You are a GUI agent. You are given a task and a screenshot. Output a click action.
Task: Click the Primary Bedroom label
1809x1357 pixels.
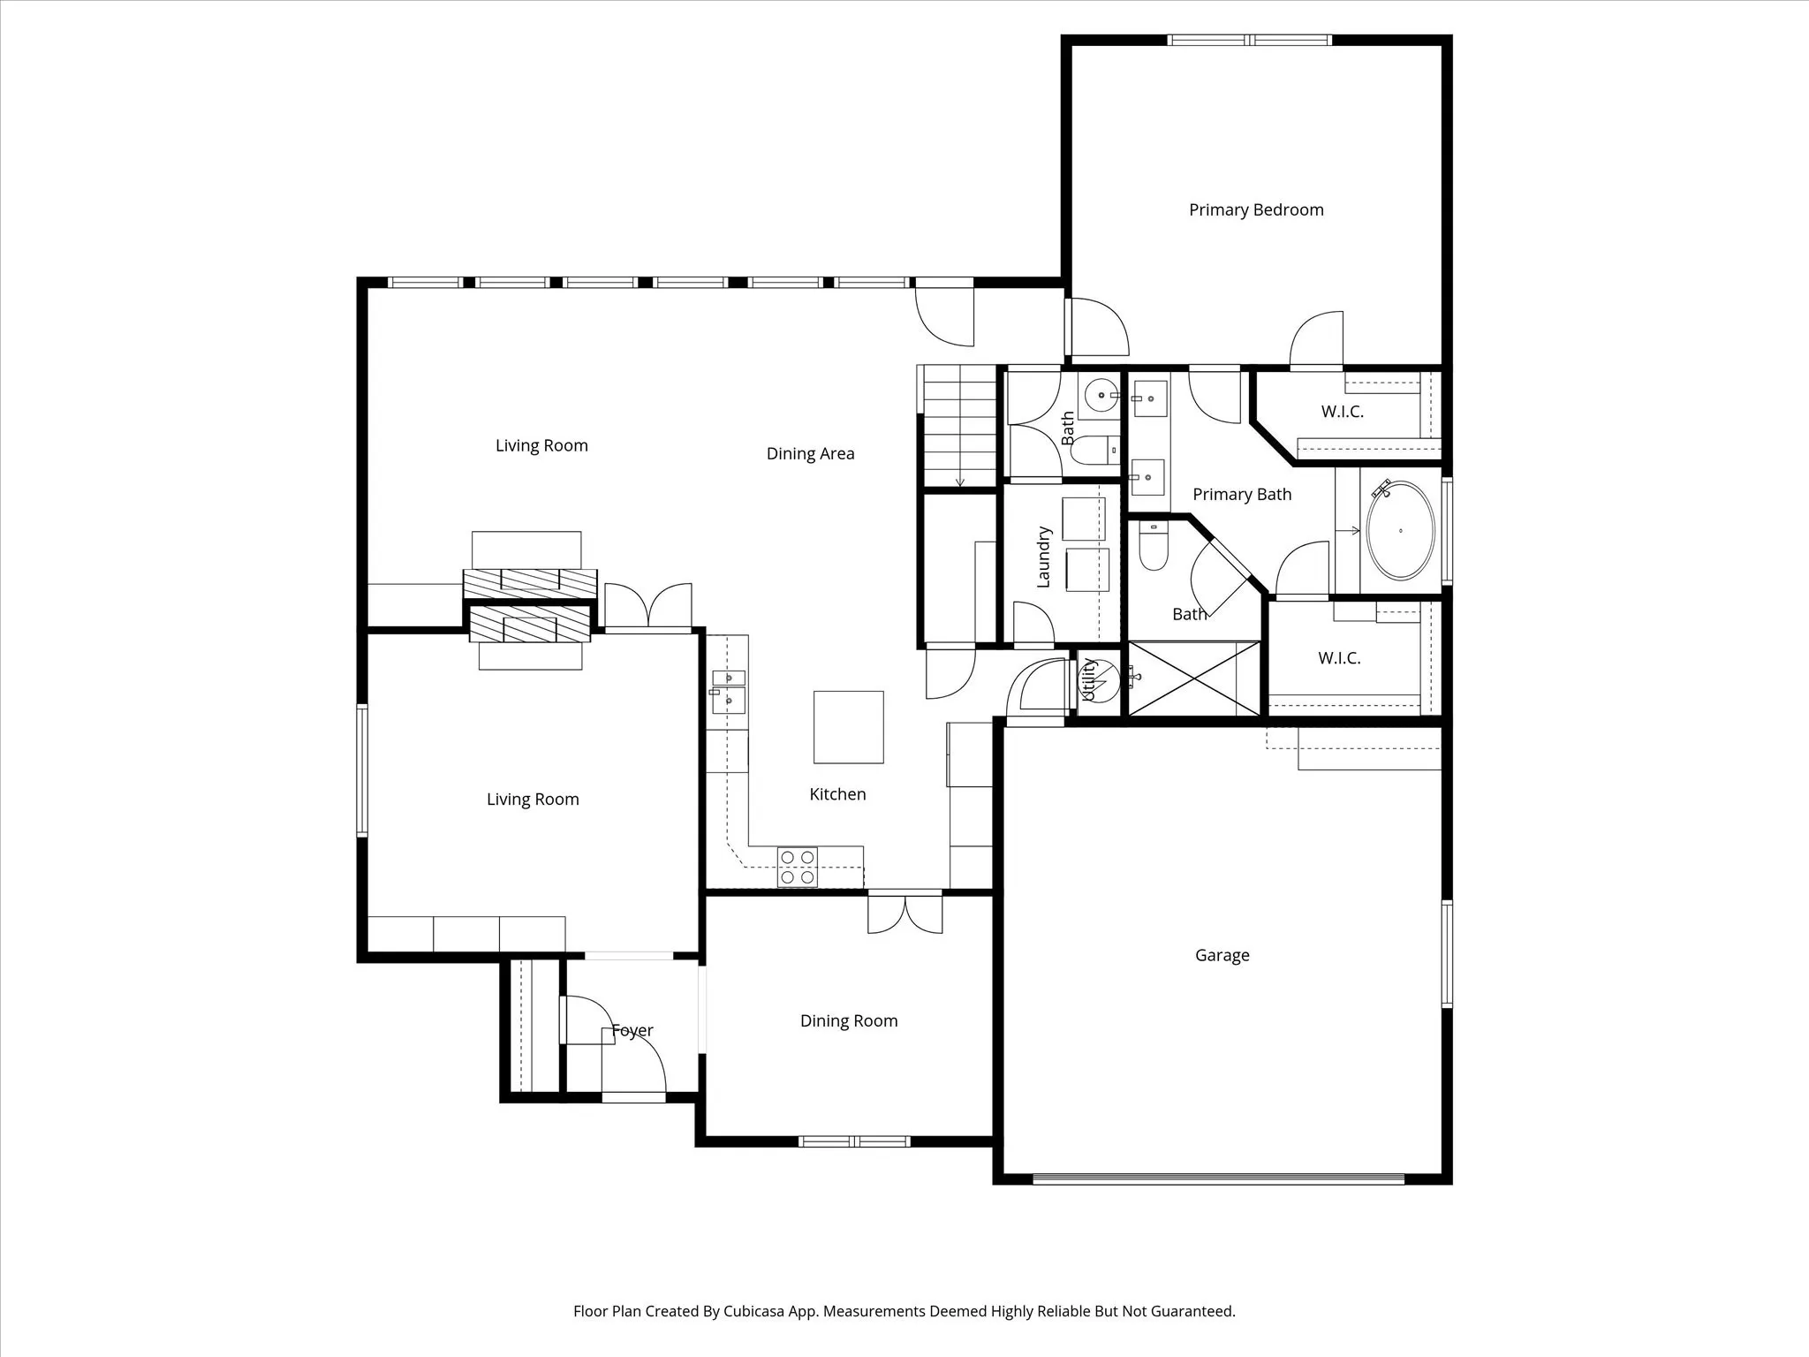pyautogui.click(x=1255, y=209)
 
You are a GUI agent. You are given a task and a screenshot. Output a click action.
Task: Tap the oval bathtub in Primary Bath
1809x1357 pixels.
pyautogui.click(x=1400, y=530)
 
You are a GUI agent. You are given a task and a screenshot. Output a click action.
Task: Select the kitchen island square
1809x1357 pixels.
pyautogui.click(x=848, y=726)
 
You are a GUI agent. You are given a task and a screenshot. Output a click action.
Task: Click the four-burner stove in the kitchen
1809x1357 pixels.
pyautogui.click(x=797, y=867)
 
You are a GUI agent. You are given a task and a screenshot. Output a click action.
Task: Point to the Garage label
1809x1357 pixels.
pyautogui.click(x=1222, y=955)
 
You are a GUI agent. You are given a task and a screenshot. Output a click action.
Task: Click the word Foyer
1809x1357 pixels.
pyautogui.click(x=632, y=1030)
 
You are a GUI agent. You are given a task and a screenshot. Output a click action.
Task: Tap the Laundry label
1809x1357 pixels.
pyautogui.click(x=1043, y=557)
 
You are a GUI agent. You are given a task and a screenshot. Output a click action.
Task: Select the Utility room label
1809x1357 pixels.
pyautogui.click(x=1089, y=680)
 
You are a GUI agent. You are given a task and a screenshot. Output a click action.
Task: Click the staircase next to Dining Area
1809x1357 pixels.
pyautogui.click(x=959, y=426)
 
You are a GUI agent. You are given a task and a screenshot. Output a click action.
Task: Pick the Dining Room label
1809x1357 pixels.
pyautogui.click(x=848, y=1020)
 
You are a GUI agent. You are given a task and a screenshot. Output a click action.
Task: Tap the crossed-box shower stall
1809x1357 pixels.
pyautogui.click(x=1193, y=678)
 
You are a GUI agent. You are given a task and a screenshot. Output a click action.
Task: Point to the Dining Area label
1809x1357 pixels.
pyautogui.click(x=810, y=453)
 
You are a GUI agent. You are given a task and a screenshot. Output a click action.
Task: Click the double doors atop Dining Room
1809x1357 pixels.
pyautogui.click(x=904, y=913)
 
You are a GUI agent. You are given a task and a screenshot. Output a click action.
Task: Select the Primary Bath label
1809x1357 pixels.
pyautogui.click(x=1241, y=494)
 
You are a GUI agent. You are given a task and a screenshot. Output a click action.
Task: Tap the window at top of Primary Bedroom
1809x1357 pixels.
pyautogui.click(x=1249, y=40)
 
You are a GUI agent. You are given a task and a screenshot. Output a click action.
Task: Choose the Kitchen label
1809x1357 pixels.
pyautogui.click(x=836, y=794)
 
